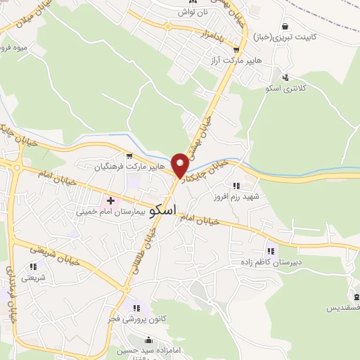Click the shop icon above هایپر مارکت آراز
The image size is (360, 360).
(236, 51)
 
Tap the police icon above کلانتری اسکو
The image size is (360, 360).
(285, 77)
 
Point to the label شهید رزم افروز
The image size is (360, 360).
(237, 197)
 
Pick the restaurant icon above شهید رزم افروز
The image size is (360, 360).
(236, 186)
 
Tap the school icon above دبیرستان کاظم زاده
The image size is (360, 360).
(270, 250)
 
